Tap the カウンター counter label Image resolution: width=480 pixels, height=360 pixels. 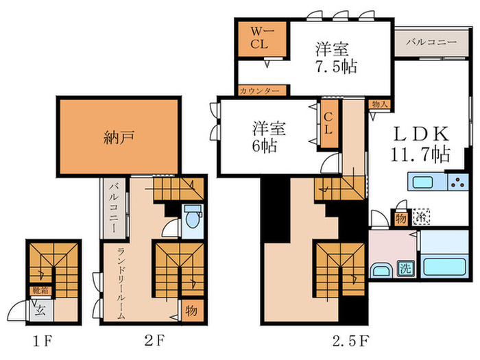coord(259,91)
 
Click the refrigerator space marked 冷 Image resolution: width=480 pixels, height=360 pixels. coord(419,217)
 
